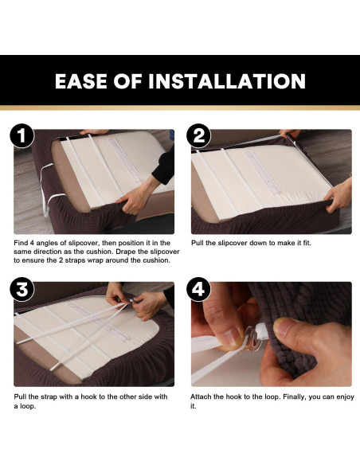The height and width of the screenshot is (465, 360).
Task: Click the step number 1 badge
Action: [x=22, y=136]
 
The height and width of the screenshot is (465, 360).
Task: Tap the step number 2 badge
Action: [x=199, y=136]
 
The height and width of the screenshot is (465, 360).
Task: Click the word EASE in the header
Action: [x=81, y=81]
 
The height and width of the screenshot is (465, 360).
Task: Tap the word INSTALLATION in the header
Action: [x=227, y=81]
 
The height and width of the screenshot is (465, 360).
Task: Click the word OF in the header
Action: [x=127, y=81]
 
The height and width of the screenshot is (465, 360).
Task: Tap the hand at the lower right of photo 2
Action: [x=338, y=196]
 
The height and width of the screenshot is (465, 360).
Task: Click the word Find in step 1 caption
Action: [x=21, y=243]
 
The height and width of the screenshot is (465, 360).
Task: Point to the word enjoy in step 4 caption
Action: [x=345, y=397]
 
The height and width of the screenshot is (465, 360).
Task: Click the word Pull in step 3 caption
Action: [x=20, y=397]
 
